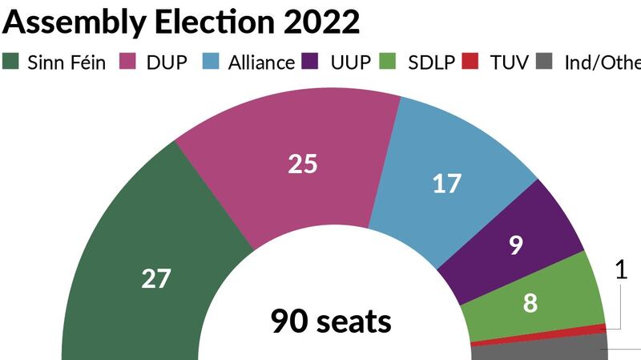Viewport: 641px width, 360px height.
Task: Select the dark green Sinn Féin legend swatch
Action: pos(12,62)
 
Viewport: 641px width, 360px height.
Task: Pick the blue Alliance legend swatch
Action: pos(211,62)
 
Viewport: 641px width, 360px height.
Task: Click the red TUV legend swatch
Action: pos(474,62)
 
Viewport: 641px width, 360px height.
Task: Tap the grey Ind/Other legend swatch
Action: pos(544,62)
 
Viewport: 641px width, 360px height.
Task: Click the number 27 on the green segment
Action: pos(156,279)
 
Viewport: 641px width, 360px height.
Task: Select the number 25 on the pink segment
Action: pos(303,164)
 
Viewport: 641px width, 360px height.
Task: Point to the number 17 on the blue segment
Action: pos(446,184)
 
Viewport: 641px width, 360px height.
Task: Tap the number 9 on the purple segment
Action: pos(516,245)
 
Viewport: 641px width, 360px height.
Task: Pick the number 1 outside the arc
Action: pos(621,271)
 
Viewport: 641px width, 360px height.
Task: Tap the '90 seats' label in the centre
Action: pos(331,322)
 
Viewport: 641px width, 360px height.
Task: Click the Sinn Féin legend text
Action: pos(67,62)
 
